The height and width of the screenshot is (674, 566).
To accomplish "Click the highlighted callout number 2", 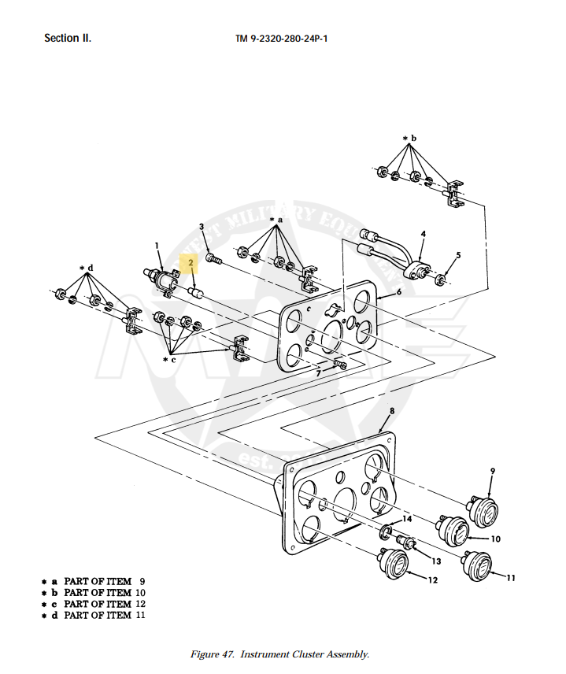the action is coord(191,263).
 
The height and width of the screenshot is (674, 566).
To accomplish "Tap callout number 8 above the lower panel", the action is coord(392,410).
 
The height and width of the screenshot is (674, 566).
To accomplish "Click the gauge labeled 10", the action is coord(453,531).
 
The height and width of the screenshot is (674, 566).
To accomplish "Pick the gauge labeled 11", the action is coord(477,565).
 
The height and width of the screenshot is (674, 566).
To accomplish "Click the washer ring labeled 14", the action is coord(386,532).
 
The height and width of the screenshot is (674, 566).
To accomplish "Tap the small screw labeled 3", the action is coord(213,259).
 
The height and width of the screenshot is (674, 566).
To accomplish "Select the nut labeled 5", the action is coord(439,281).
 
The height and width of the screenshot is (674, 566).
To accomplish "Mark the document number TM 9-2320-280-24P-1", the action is coord(282,39).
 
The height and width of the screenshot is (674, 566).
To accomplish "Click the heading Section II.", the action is coord(68,39).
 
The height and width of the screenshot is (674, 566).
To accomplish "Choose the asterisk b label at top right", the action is coord(409,139).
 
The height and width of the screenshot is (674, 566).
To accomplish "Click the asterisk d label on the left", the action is coord(87,268).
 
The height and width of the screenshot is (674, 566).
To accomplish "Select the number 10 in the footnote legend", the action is coord(141,592).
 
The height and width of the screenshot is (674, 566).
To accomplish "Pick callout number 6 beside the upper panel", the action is coord(399,292).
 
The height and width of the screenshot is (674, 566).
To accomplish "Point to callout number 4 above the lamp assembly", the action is coord(424,234).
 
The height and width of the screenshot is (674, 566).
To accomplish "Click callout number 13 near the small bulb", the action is coord(436,561).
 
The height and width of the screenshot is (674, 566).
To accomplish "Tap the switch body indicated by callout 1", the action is coord(161,280).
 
